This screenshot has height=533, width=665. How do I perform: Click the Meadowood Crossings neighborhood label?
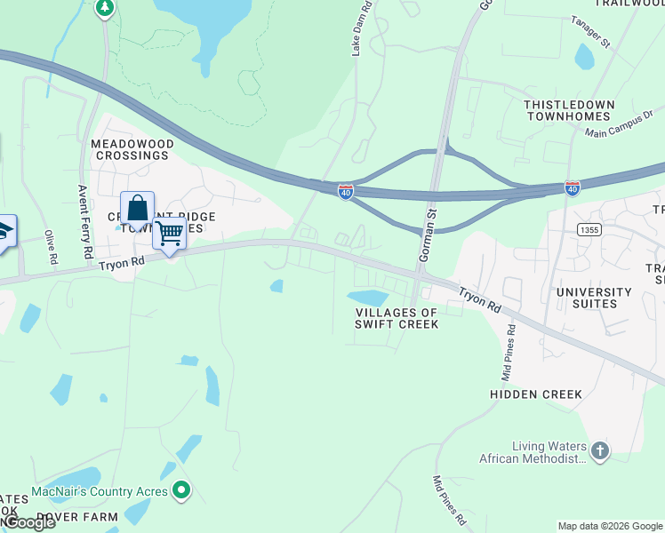coord(129,149)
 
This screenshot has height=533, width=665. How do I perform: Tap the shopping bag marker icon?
coord(137,209)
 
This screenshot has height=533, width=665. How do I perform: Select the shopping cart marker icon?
coord(169,234)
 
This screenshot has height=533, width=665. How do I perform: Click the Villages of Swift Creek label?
coord(397,318)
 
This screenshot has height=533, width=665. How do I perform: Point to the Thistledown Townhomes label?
coord(569,110)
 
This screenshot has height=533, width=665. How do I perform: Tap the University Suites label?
coord(594,298)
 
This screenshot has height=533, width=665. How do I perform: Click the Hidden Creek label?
coord(536,394)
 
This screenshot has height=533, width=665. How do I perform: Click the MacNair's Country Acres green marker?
coord(182,489)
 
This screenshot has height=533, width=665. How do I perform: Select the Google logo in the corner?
coord(28,523)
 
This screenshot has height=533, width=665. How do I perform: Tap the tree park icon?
coord(105,8)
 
